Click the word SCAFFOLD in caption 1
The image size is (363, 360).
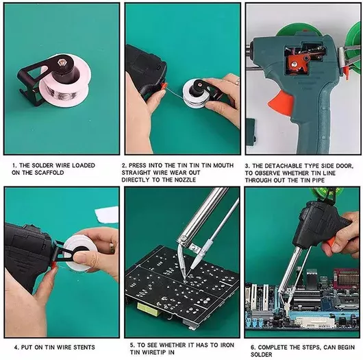[x=49, y=173]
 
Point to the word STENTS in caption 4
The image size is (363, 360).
[x=84, y=347]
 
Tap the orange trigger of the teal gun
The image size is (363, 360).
[x=281, y=102]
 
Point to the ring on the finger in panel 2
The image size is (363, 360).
[x=238, y=82]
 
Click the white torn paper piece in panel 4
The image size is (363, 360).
[x=106, y=215]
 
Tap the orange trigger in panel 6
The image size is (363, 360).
[x=330, y=243]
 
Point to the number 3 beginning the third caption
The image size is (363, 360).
[x=247, y=166]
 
